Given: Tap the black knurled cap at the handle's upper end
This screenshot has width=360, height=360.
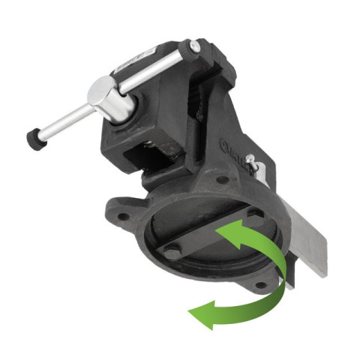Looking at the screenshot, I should (195, 47).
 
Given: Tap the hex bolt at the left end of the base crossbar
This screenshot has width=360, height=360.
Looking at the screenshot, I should (172, 253).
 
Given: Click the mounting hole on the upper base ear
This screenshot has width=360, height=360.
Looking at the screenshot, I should (222, 180).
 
